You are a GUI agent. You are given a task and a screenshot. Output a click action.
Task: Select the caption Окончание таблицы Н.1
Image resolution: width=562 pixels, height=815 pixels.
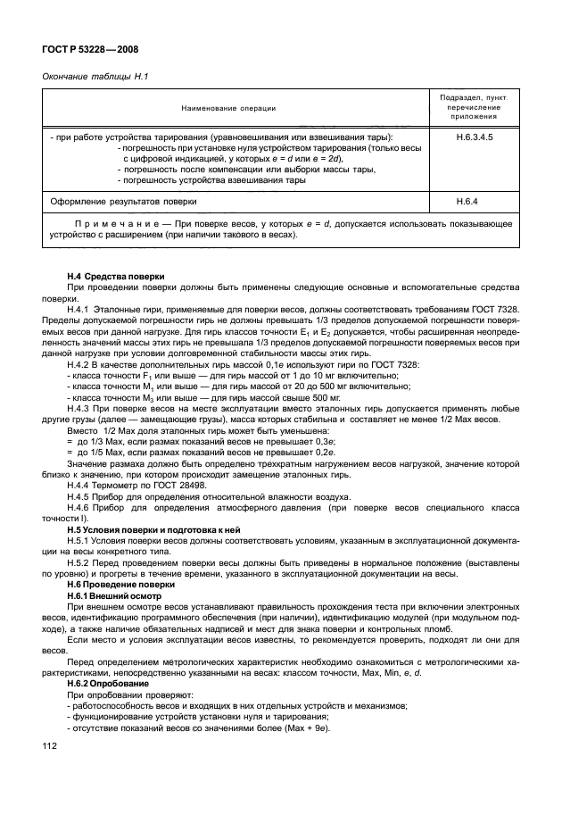pos(95,77)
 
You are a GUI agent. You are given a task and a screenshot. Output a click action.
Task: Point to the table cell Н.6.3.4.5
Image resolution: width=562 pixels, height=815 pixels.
pos(474,138)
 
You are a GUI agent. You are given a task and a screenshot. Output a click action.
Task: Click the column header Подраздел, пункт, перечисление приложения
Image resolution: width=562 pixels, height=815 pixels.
pos(474,108)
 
